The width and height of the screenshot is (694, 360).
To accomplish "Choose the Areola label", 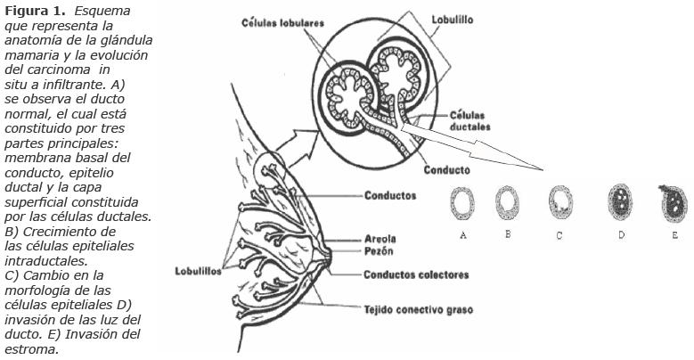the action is click(x=380, y=240).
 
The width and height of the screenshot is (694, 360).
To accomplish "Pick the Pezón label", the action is click(x=378, y=253).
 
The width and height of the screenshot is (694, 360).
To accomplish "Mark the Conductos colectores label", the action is click(x=416, y=274).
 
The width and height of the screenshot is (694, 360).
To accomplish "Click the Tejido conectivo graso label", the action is click(x=419, y=310).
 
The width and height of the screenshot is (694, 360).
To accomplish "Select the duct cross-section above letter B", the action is click(x=508, y=203).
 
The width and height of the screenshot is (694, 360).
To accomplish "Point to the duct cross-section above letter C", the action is click(x=560, y=203).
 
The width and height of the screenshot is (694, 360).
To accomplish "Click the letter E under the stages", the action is click(x=675, y=234).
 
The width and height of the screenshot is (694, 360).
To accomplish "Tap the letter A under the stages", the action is click(x=463, y=234).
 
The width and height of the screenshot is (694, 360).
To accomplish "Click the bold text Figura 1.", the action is click(x=33, y=11).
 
